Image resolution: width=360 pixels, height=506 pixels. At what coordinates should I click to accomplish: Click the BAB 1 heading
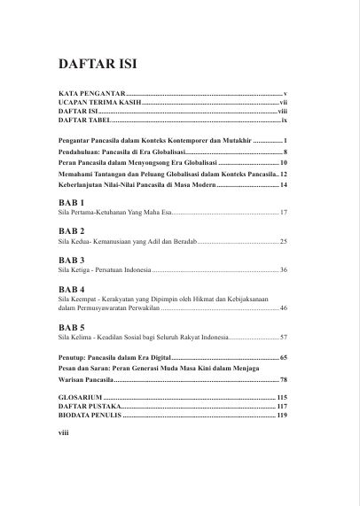71,203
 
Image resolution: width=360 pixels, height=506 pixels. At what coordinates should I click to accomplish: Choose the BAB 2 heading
71,230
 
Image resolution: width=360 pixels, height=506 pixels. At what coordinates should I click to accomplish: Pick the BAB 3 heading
71,259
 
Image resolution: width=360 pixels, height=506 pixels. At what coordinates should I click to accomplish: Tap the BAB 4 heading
71,289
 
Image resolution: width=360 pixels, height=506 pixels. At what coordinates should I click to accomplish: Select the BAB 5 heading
71,328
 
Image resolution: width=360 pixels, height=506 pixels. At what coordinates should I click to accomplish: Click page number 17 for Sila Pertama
283,214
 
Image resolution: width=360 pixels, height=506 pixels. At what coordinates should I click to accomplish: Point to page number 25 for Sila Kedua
283,241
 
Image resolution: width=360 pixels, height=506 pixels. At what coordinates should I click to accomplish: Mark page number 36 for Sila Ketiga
283,269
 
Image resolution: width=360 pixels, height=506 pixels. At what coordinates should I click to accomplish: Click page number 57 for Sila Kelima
283,339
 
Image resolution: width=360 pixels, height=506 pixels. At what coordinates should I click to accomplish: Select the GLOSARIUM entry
80,396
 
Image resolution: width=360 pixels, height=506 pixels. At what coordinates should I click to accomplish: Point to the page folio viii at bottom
63,435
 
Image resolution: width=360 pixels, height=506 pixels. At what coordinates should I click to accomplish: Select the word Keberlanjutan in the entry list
83,184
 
